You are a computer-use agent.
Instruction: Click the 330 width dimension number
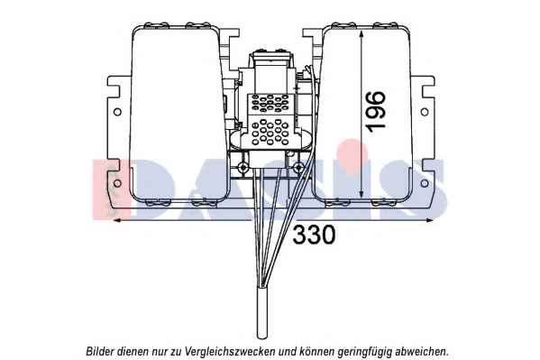click(x=314, y=235)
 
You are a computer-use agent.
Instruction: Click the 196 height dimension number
click(x=375, y=111)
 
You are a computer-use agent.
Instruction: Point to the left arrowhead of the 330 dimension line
click(x=117, y=220)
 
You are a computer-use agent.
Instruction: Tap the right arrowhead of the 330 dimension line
click(x=428, y=220)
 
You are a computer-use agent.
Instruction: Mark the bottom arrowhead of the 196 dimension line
click(x=361, y=193)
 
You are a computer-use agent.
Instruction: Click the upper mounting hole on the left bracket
click(x=117, y=112)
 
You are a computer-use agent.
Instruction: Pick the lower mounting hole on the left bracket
click(x=117, y=183)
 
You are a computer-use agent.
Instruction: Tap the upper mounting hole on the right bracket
click(x=425, y=112)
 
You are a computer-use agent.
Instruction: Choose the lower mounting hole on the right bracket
click(x=425, y=183)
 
